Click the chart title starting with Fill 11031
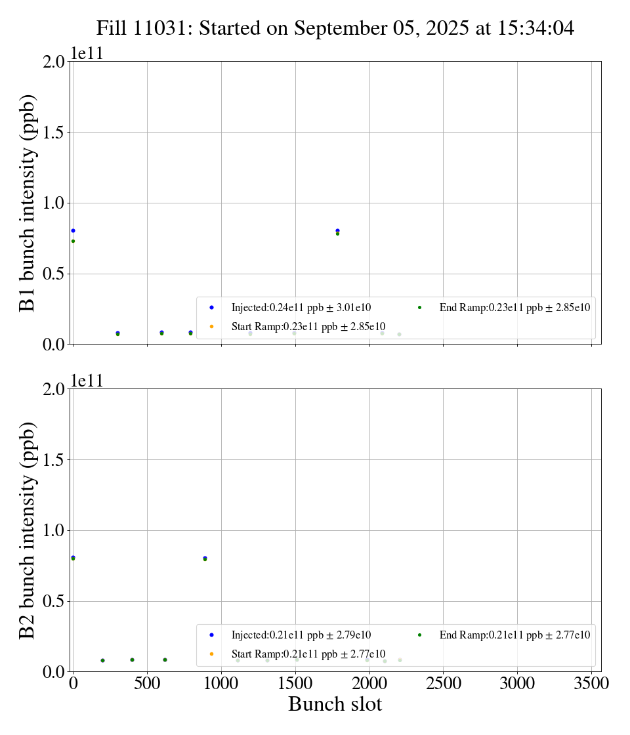(x=335, y=28)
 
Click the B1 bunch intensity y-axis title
(x=27, y=203)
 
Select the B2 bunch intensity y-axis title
(x=27, y=530)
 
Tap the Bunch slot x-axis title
(x=335, y=704)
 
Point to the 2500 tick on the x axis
(x=443, y=683)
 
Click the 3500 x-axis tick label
(x=591, y=683)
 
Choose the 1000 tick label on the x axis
(x=221, y=683)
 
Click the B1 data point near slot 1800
(x=337, y=231)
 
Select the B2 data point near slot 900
(x=205, y=558)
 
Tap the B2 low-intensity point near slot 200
(x=102, y=660)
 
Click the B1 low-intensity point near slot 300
(x=117, y=333)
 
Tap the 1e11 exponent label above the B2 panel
(x=87, y=381)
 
